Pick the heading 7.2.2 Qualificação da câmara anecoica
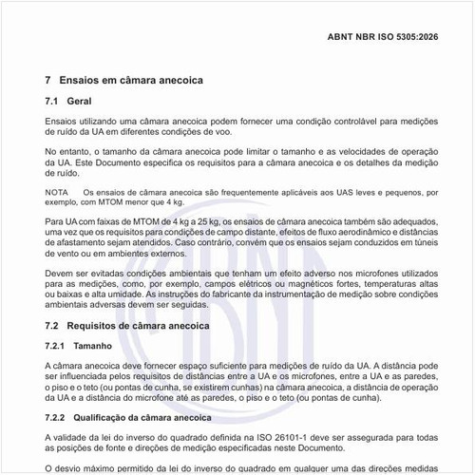pyautogui.click(x=130, y=417)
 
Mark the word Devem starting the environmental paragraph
pyautogui.click(x=62, y=273)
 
